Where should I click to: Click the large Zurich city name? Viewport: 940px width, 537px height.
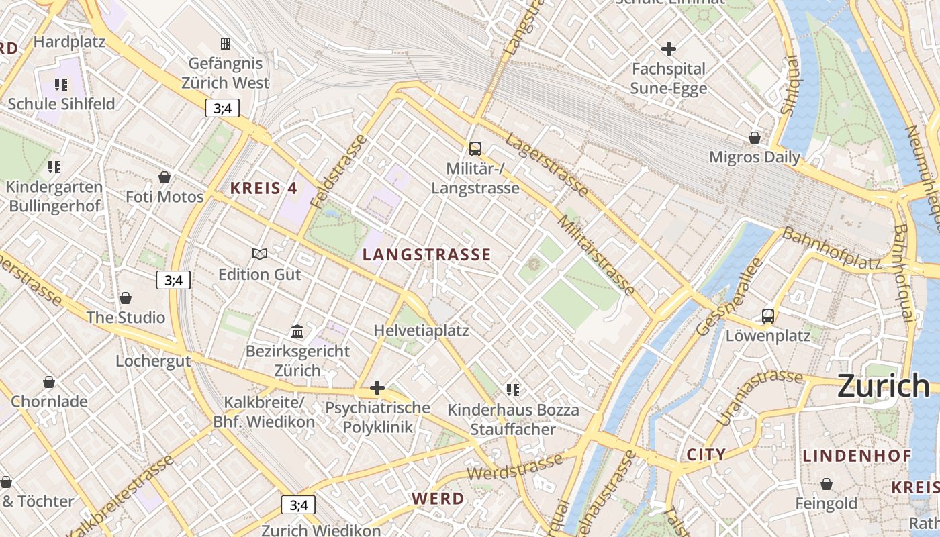pyautogui.click(x=883, y=386)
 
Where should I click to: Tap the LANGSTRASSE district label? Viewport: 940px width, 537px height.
pyautogui.click(x=427, y=255)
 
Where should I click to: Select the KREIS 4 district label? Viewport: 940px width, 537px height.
pyautogui.click(x=264, y=189)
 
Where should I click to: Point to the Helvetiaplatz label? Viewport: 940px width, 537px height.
pyautogui.click(x=421, y=331)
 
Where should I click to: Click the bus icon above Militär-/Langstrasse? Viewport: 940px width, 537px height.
pyautogui.click(x=475, y=148)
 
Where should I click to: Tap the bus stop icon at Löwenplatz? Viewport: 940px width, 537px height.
pyautogui.click(x=768, y=315)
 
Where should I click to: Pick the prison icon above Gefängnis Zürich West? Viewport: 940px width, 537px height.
pyautogui.click(x=226, y=44)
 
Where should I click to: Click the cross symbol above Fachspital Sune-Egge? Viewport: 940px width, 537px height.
pyautogui.click(x=668, y=49)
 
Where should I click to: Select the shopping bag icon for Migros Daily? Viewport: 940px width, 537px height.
pyautogui.click(x=755, y=138)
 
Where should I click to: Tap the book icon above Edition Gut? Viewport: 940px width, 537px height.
pyautogui.click(x=260, y=254)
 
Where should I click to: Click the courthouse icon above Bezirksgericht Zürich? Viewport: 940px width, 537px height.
pyautogui.click(x=297, y=331)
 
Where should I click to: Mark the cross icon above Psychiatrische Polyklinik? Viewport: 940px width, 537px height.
pyautogui.click(x=377, y=388)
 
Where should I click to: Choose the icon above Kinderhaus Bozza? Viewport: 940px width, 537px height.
pyautogui.click(x=513, y=390)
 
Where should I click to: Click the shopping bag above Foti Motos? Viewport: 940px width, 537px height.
pyautogui.click(x=164, y=177)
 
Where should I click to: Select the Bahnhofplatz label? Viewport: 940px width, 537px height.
pyautogui.click(x=831, y=249)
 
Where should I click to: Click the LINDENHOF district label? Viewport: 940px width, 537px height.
pyautogui.click(x=857, y=456)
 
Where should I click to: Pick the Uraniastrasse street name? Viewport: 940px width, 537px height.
pyautogui.click(x=760, y=396)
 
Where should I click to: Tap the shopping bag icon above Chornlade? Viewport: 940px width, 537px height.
pyautogui.click(x=49, y=382)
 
